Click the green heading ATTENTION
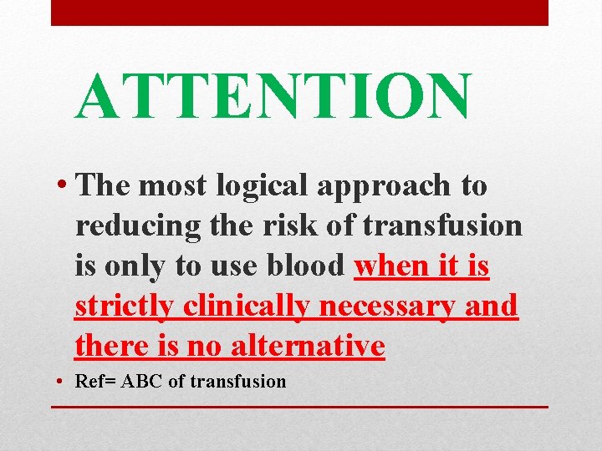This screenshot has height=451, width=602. [x=273, y=96]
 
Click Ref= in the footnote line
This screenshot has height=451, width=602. [x=96, y=382]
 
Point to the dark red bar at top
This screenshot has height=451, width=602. [x=299, y=12]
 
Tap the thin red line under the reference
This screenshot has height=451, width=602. [x=299, y=407]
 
